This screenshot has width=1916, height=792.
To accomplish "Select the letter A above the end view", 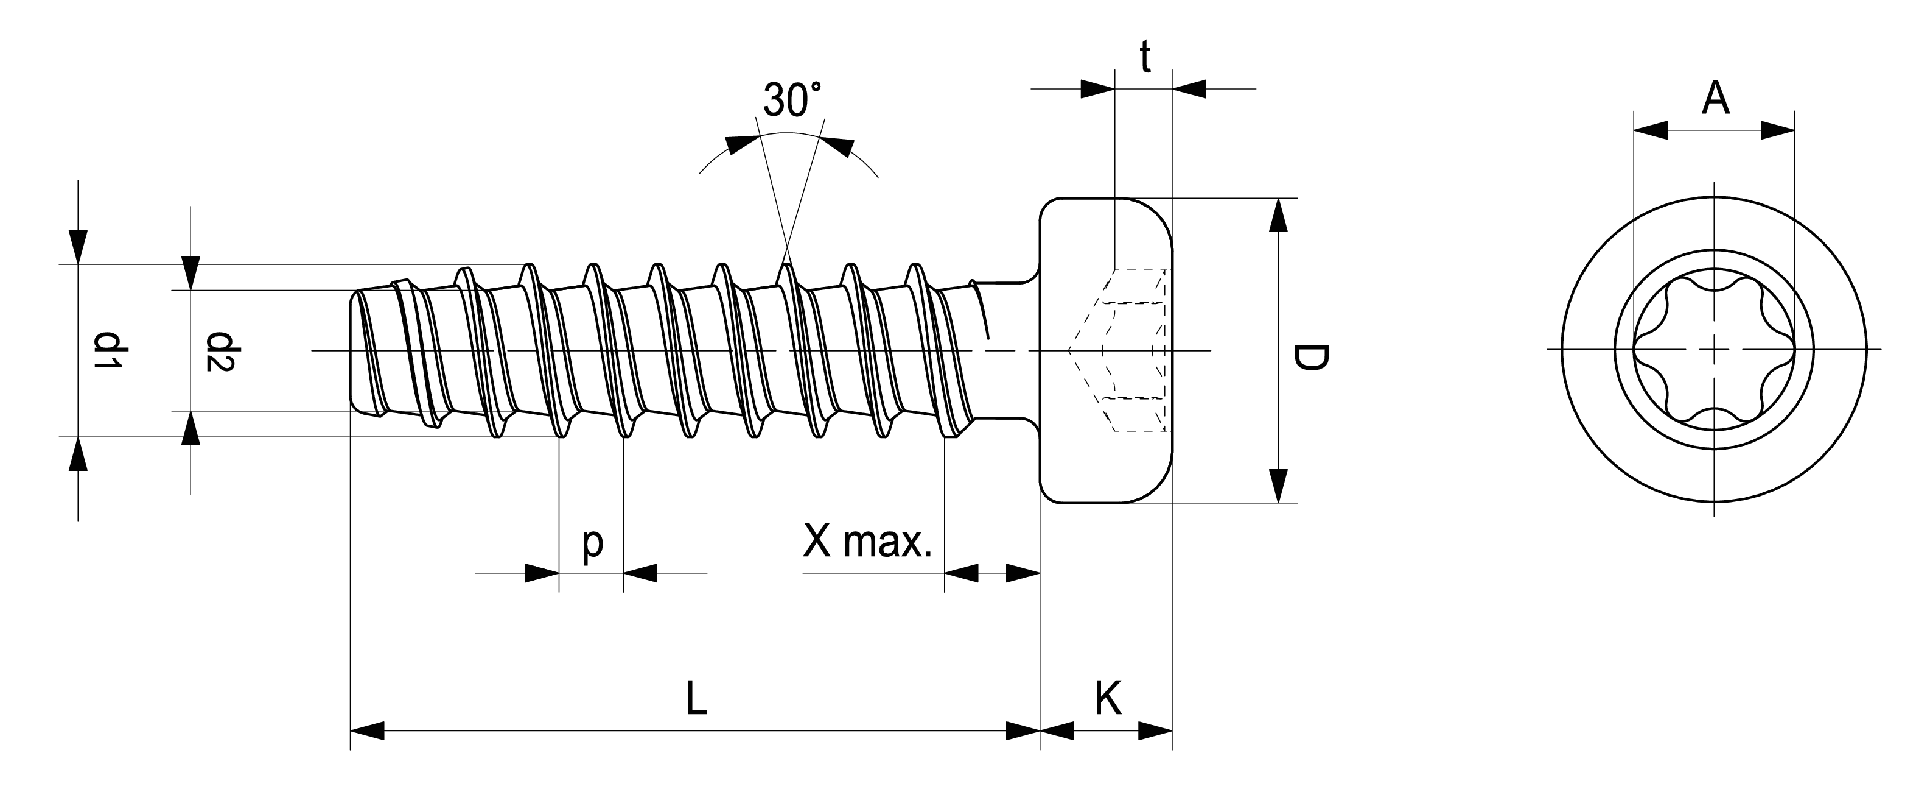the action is coord(1715,97).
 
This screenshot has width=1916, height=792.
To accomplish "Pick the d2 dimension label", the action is coord(221,352).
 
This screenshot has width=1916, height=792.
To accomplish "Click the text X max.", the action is coord(867,541).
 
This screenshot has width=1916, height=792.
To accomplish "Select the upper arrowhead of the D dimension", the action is coord(1278,215).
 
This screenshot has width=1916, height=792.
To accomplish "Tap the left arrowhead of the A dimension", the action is coord(1651,131).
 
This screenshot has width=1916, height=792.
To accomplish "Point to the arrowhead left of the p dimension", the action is coord(542,573).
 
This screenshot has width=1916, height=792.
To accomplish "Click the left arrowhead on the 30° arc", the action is coord(740,144).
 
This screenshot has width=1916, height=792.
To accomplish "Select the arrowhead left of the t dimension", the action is coord(1098,90).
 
